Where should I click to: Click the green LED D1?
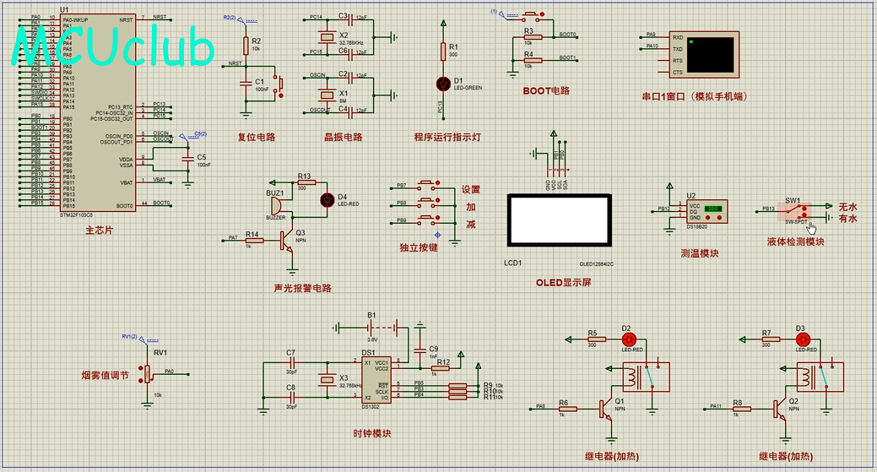pos(442,83)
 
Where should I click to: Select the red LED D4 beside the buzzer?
pos(328,200)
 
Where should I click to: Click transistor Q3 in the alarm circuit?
pos(289,241)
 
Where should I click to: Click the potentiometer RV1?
pos(149,372)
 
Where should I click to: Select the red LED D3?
pos(802,338)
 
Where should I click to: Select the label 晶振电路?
pos(343,138)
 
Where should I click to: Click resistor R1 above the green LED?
pos(442,52)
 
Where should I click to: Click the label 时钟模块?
pos(372,434)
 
